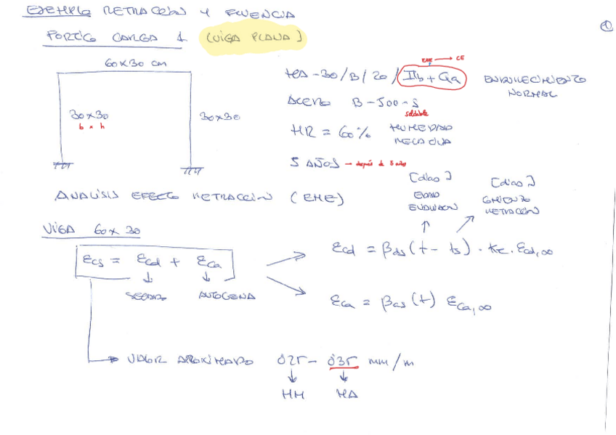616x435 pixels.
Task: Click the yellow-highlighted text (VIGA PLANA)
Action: pyautogui.click(x=253, y=36)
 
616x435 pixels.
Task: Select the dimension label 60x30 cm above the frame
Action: pyautogui.click(x=135, y=64)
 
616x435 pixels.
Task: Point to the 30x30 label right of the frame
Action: pyautogui.click(x=219, y=116)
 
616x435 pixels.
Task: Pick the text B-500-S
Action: pyautogui.click(x=386, y=103)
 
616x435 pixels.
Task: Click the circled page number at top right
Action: pyautogui.click(x=607, y=27)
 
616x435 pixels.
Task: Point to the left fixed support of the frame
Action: pyautogui.click(x=64, y=166)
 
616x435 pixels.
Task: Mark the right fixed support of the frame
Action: pyautogui.click(x=192, y=171)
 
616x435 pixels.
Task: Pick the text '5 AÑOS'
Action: pyautogui.click(x=312, y=163)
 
